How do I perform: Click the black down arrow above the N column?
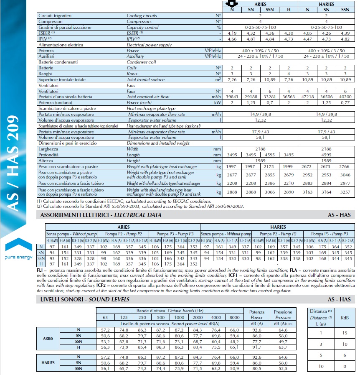(x=232, y=3)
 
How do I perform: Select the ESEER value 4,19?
(x=232, y=32)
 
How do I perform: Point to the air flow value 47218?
(x=307, y=97)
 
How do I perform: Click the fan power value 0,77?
(x=345, y=102)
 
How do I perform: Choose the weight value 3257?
(x=345, y=193)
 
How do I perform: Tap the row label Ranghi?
(x=45, y=74)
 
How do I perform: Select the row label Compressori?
(x=50, y=21)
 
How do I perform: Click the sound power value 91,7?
(x=257, y=347)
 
